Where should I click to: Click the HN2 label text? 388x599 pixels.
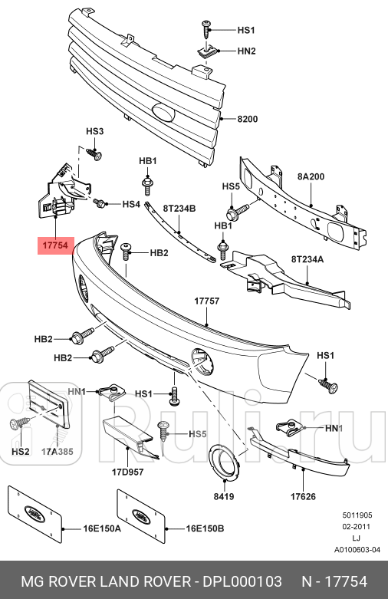click(246, 51)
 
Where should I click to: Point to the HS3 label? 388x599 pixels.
click(94, 132)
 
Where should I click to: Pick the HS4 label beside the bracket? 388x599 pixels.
click(131, 205)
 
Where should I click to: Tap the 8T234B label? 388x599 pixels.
click(180, 208)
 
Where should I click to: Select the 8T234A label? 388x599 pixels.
click(307, 259)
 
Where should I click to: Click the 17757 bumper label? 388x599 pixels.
click(207, 301)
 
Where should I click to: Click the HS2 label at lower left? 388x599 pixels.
click(21, 452)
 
